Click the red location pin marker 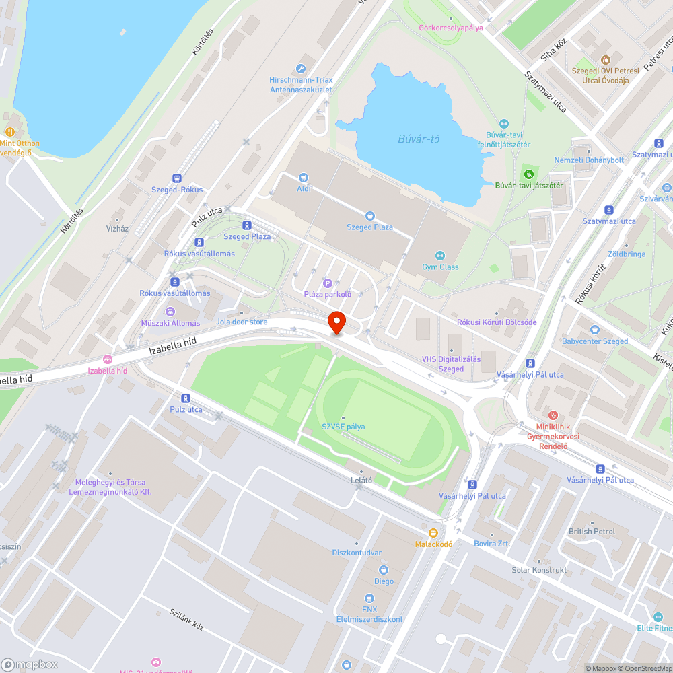(x=336, y=322)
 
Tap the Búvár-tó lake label (x=419, y=139)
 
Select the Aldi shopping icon (x=304, y=178)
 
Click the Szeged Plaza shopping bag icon (x=369, y=215)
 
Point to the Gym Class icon (x=440, y=255)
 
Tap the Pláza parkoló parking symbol (x=328, y=283)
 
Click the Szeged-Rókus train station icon (x=177, y=178)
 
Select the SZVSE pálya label (x=343, y=426)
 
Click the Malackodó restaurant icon (x=433, y=532)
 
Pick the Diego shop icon (x=384, y=570)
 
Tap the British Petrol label (x=592, y=531)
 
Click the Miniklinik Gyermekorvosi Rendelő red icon (x=553, y=415)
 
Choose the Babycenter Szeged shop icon (x=595, y=330)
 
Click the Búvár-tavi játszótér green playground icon (x=528, y=174)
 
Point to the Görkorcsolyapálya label (x=450, y=28)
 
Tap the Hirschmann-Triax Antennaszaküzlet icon (x=301, y=68)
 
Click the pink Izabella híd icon (x=107, y=359)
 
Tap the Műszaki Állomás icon (x=170, y=312)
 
